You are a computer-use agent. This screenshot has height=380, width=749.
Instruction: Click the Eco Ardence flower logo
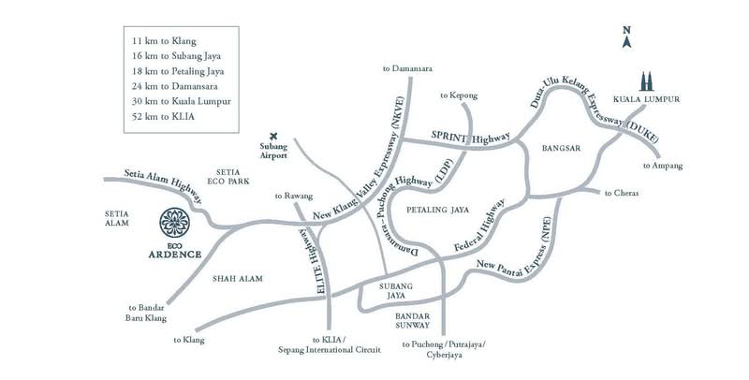tap(174, 223)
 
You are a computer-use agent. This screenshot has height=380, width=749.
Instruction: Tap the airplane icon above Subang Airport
tap(273, 136)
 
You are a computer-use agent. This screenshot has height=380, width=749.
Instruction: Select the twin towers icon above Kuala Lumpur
tap(646, 81)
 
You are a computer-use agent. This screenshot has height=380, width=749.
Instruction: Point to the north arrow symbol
tap(626, 37)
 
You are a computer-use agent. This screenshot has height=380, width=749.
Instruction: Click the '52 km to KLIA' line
tap(163, 116)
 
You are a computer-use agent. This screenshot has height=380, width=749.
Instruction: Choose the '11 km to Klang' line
tap(164, 41)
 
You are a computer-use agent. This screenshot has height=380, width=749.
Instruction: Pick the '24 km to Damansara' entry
tap(175, 86)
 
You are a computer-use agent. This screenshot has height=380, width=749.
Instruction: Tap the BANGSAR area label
tap(561, 148)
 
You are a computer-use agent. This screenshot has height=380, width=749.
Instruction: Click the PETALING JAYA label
tap(437, 210)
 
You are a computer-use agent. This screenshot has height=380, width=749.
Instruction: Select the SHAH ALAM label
tap(238, 279)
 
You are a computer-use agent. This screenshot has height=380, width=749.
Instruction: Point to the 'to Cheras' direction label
tap(622, 194)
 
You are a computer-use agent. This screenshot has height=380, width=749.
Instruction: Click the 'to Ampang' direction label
tap(663, 166)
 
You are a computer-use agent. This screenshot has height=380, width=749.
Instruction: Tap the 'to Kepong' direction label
tap(459, 96)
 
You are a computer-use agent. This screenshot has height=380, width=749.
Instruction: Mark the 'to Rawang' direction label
tap(294, 196)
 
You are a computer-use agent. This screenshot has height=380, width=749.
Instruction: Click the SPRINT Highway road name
tap(471, 137)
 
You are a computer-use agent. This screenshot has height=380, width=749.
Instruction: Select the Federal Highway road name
tap(479, 227)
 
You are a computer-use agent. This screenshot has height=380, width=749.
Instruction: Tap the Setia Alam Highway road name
tap(163, 185)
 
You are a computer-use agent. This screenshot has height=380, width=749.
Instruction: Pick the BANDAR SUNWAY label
tap(412, 320)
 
